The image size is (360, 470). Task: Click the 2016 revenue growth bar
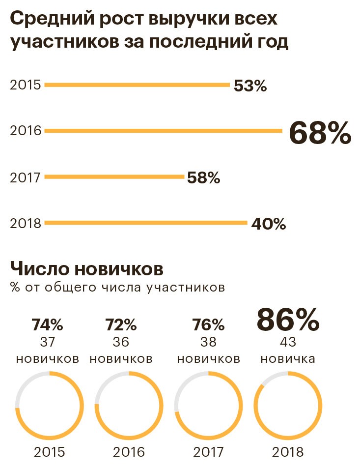pos(163,131)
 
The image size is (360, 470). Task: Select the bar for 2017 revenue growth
pos(114,177)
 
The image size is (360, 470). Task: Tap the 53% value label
pos(250,87)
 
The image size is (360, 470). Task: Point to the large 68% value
pos(320,133)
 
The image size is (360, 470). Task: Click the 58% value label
pos(203,178)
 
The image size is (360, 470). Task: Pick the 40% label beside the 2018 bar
pos(268,225)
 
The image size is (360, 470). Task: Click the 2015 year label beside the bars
pos(25,85)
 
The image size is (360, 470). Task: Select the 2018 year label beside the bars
pos(25,223)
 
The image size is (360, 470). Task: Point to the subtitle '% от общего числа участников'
pos(117,287)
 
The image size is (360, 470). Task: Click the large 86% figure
pos(288,320)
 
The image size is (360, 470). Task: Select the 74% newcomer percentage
pos(47,325)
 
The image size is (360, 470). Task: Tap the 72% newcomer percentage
pos(121,325)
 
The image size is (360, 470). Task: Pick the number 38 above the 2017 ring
pos(208,342)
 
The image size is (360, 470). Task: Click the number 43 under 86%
pos(288,342)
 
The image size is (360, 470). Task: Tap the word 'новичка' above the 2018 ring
pos(288,358)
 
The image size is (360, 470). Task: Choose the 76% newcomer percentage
pos(208,325)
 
